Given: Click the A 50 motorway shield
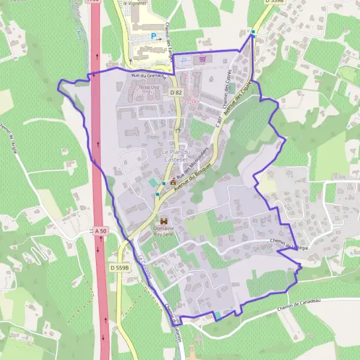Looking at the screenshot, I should [100, 230].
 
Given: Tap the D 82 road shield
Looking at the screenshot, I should [175, 92].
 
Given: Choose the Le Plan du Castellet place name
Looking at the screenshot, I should [175, 156].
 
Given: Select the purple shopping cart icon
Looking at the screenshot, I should [203, 59].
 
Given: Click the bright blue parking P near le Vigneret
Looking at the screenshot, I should [153, 36].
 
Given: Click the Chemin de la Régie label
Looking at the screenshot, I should [289, 244].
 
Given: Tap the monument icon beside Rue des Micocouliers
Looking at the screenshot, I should [173, 181].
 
